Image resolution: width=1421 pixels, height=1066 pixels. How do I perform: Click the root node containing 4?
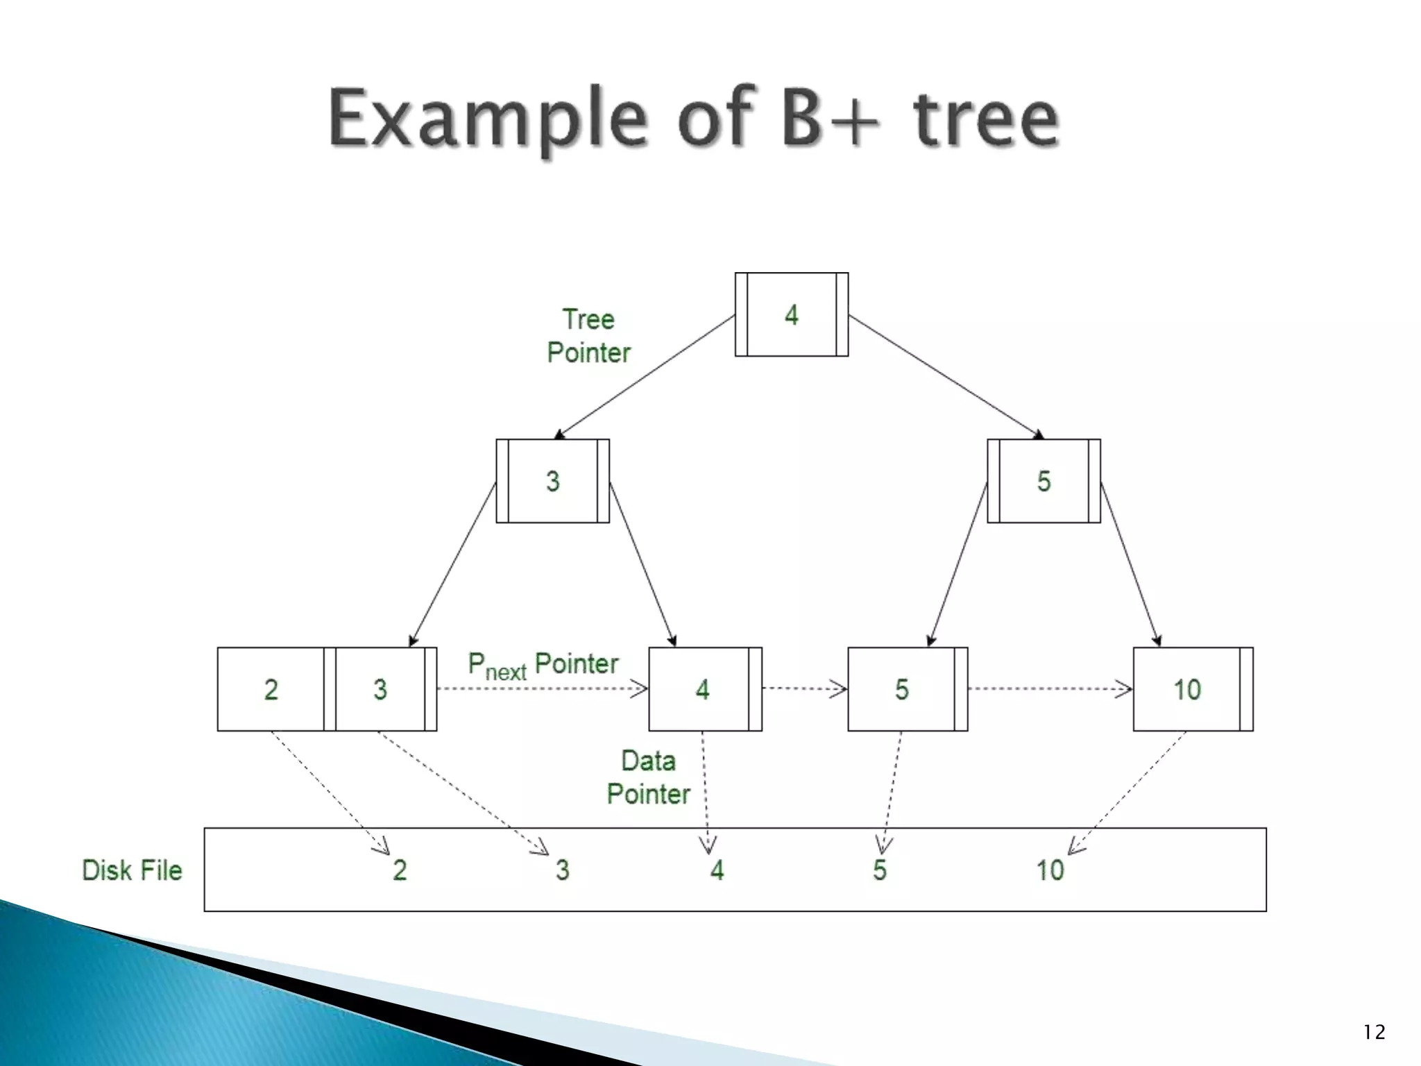791,314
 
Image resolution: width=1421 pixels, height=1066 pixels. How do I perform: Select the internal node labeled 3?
552,481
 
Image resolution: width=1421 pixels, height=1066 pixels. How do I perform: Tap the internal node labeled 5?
1044,481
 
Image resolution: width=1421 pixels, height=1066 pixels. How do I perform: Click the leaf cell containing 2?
271,689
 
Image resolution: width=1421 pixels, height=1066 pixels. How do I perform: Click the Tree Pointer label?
588,336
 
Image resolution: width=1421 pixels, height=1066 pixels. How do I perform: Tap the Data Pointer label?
648,777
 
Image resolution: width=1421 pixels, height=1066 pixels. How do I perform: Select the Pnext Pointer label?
543,665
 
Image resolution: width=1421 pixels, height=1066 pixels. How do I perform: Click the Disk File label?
132,870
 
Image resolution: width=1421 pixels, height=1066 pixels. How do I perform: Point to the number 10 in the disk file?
1049,870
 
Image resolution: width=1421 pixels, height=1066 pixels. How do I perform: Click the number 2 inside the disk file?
400,870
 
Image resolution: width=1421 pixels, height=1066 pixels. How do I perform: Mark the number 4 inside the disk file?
717,870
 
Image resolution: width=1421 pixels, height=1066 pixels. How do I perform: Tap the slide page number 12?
1373,1033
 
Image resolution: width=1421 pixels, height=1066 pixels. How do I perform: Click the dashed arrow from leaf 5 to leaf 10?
1049,689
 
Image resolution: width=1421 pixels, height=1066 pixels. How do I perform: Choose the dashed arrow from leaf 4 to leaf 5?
804,688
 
